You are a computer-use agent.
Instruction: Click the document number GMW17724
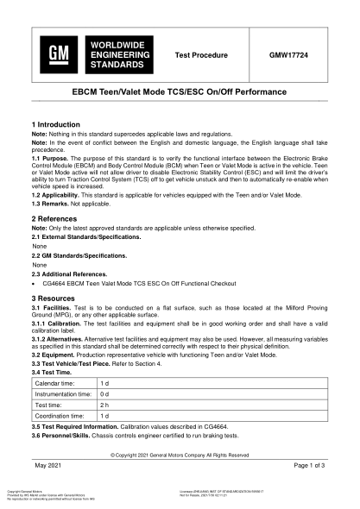coord(294,54)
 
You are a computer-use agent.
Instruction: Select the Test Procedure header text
coord(201,54)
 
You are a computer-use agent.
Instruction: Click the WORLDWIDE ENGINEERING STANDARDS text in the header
coord(116,54)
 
